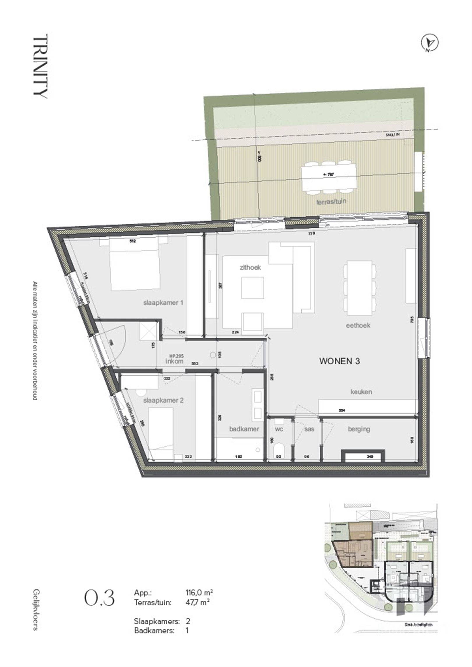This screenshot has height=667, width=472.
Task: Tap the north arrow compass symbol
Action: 430,43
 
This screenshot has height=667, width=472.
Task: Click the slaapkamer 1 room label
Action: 163,303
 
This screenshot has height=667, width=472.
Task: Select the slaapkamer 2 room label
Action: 163,400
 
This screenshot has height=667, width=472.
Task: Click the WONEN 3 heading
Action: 339,361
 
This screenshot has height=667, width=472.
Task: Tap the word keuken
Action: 361,392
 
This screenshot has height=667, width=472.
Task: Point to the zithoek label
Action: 250,267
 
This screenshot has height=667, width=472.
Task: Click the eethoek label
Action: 358,325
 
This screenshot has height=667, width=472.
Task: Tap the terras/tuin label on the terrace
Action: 332,201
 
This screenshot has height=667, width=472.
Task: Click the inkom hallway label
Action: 174,361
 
